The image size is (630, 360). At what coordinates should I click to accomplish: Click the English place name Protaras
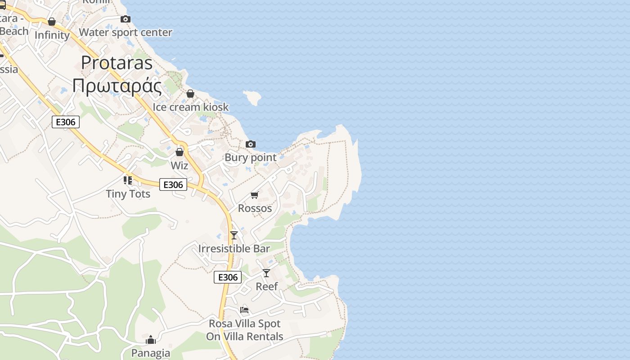coord(117,63)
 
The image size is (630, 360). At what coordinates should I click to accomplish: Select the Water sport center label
coord(126,32)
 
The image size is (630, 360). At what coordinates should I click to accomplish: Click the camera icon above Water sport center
coord(126,19)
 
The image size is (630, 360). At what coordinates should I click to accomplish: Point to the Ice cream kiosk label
coord(191,107)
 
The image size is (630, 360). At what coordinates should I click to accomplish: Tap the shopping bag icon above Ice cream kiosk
coord(190,94)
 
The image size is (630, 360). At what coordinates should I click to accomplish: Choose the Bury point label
coord(251,157)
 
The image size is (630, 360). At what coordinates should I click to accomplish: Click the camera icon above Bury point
coord(251,144)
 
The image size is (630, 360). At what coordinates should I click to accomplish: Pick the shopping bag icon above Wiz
coord(180,152)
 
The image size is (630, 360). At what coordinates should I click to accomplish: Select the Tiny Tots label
coord(128,194)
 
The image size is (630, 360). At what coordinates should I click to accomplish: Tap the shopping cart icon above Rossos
coord(255,195)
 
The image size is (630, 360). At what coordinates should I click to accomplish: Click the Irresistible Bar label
coord(234,248)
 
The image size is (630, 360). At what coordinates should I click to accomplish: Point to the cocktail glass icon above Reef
coord(266,273)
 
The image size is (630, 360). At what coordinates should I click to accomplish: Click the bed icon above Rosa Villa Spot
coord(244,310)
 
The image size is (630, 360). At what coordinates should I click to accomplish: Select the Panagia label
coord(151,353)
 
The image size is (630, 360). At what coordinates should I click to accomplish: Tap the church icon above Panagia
coord(151,339)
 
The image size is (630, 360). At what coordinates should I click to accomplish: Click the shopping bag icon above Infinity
coord(52,22)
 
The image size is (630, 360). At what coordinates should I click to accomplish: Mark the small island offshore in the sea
coord(253,97)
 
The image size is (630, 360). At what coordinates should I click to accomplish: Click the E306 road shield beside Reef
coord(227,277)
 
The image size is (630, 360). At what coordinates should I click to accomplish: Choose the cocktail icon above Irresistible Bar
coord(234,235)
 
